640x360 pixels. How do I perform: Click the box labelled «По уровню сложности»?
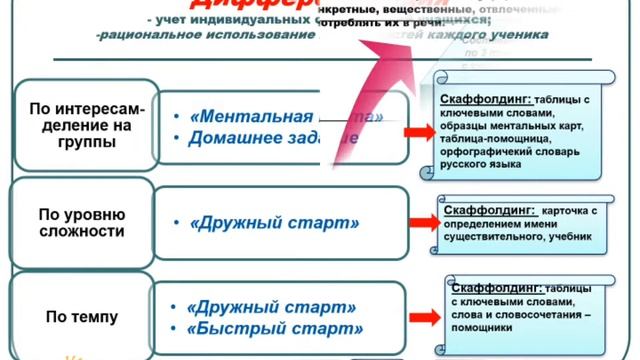81,223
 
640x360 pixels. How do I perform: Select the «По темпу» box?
81,317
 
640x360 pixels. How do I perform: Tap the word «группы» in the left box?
81,142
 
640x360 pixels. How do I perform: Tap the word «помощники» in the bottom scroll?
482,327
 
